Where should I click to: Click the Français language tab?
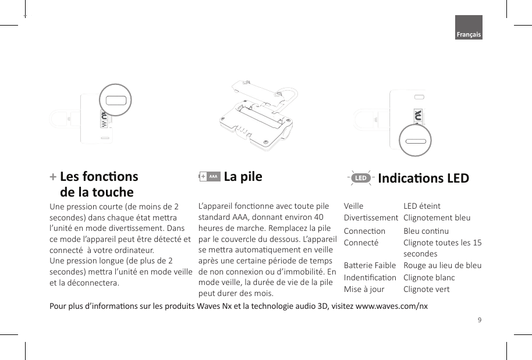pos(469,35)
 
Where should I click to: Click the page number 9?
pos(479,319)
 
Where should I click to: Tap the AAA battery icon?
pos(210,176)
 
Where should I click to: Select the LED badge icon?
pos(361,177)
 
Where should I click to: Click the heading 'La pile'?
pos(243,176)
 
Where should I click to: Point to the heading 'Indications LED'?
pos(423,178)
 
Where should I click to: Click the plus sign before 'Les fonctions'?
pos(53,176)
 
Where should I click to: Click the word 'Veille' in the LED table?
pos(353,206)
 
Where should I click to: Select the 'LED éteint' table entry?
pos(422,206)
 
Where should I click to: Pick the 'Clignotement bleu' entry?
pos(437,218)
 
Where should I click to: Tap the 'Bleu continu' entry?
pos(426,231)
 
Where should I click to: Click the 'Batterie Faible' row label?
pos(370,265)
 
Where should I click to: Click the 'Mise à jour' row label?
pos(364,289)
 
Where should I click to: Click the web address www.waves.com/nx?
pos(391,306)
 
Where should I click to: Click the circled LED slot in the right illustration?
pos(414,142)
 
